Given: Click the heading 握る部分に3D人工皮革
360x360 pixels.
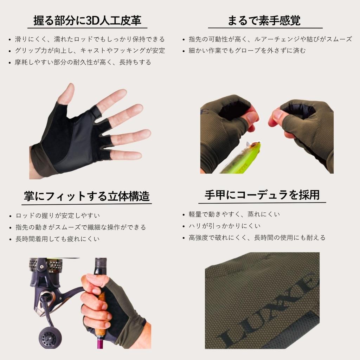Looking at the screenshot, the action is pyautogui.click(x=87, y=21).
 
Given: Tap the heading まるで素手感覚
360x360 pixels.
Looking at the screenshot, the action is pyautogui.click(x=264, y=21).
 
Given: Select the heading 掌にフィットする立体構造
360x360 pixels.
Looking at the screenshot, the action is pyautogui.click(x=86, y=196).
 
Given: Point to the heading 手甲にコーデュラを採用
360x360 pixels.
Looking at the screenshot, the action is pyautogui.click(x=262, y=195).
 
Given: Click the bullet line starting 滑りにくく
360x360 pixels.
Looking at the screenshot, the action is pyautogui.click(x=90, y=39).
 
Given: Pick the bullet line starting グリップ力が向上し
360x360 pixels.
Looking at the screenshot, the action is pyautogui.click(x=90, y=51).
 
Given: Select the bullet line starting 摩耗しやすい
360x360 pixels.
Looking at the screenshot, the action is pyautogui.click(x=83, y=62).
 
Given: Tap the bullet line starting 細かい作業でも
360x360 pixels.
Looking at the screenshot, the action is pyautogui.click(x=247, y=51).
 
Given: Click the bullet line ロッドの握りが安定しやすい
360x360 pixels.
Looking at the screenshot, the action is pyautogui.click(x=58, y=216).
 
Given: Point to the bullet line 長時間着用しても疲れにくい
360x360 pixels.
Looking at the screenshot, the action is pyautogui.click(x=57, y=239).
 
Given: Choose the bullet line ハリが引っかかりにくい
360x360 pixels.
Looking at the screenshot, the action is pyautogui.click(x=225, y=226).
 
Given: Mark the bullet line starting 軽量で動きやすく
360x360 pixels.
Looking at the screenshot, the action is pyautogui.click(x=234, y=214).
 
